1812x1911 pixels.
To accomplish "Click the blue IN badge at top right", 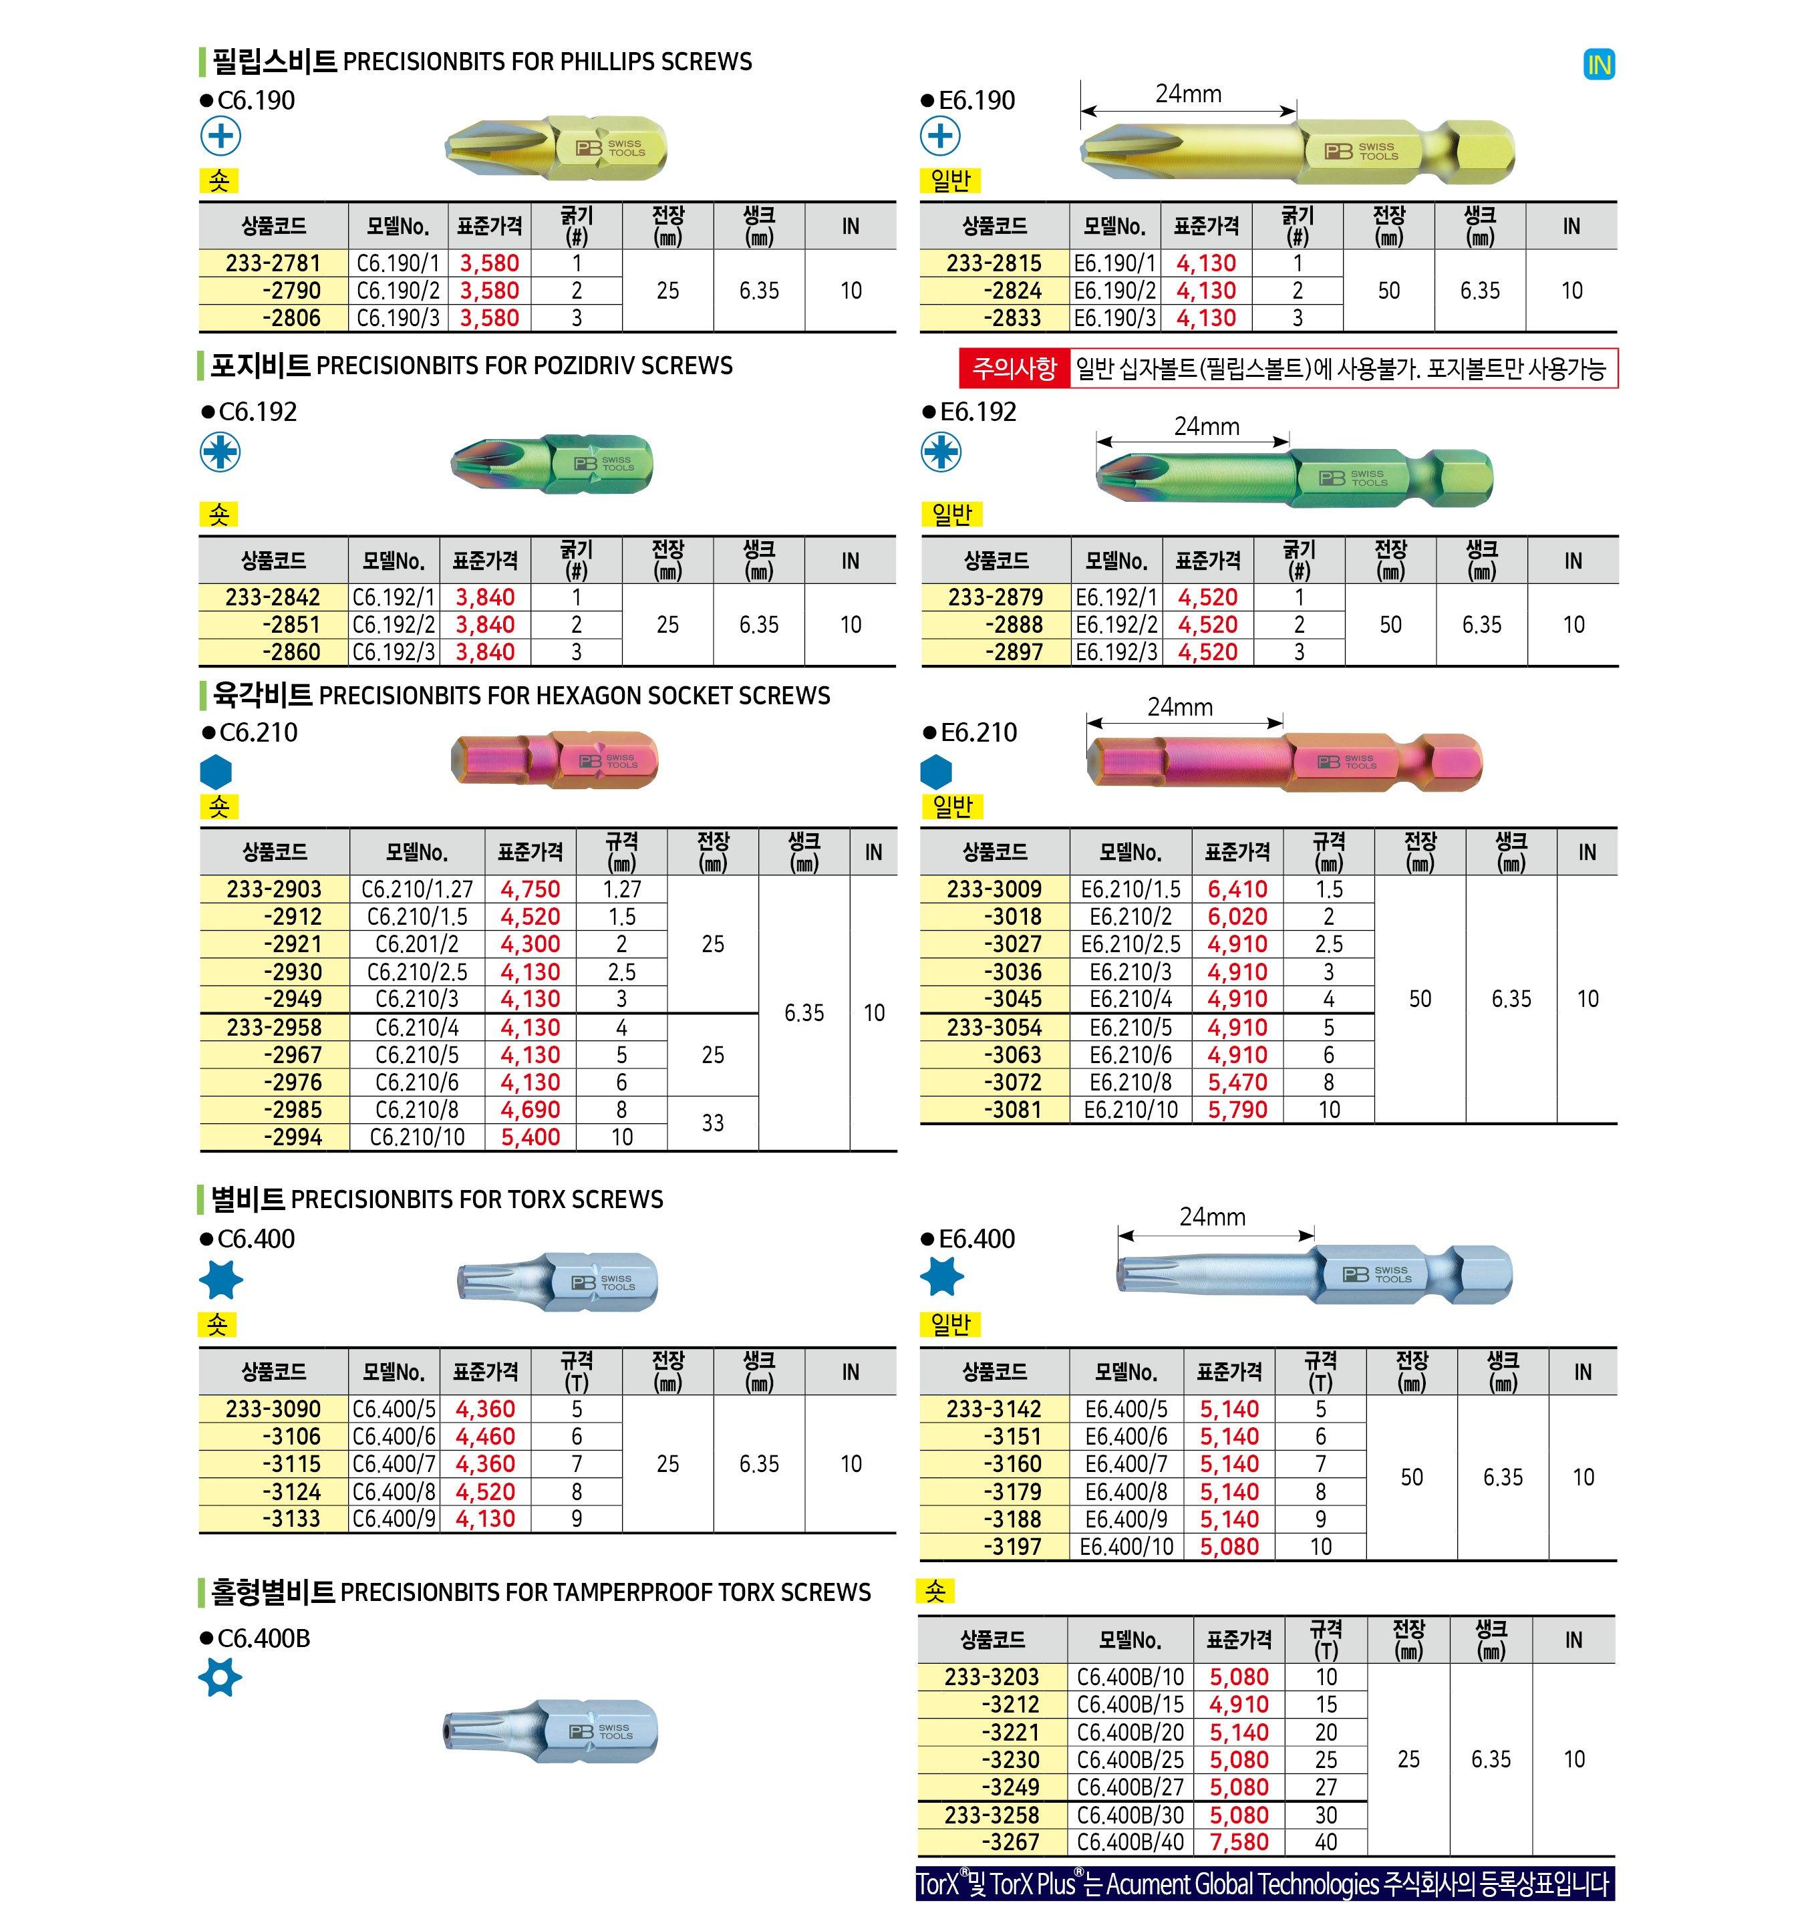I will [1599, 65].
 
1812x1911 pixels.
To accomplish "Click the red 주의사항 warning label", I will [1014, 368].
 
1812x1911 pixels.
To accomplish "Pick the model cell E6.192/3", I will [1116, 652].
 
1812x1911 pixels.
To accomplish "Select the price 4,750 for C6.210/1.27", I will [531, 889].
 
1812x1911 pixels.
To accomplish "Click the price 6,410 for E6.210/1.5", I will [1237, 889].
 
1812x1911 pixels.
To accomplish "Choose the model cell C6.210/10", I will [418, 1137].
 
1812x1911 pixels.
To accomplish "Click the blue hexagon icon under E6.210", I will [937, 771].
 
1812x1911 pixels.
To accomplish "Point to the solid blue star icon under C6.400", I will [220, 1280].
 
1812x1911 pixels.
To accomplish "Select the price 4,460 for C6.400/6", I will [485, 1437].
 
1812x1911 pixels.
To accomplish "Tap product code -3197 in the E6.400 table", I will [1012, 1547].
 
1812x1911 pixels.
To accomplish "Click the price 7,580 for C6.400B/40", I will [1239, 1842].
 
